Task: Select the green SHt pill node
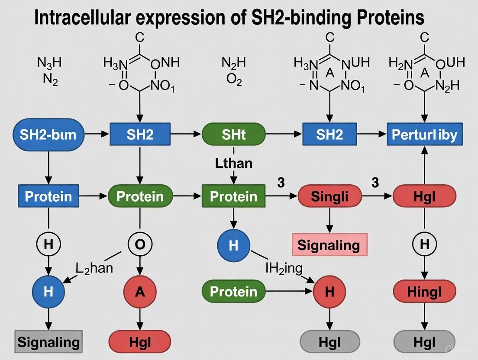click(233, 135)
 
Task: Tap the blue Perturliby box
click(424, 135)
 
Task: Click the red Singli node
click(329, 197)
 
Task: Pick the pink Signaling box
click(329, 245)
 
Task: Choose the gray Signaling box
click(48, 342)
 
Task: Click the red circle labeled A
click(140, 292)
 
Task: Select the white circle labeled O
click(140, 244)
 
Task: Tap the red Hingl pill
click(424, 292)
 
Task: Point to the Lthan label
click(233, 164)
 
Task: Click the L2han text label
click(94, 268)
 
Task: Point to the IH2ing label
click(284, 268)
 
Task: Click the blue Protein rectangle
click(48, 196)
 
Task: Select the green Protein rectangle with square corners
click(233, 196)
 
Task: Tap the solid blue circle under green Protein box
click(233, 245)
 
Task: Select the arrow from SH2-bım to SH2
click(97, 135)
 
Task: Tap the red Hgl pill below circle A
click(140, 342)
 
